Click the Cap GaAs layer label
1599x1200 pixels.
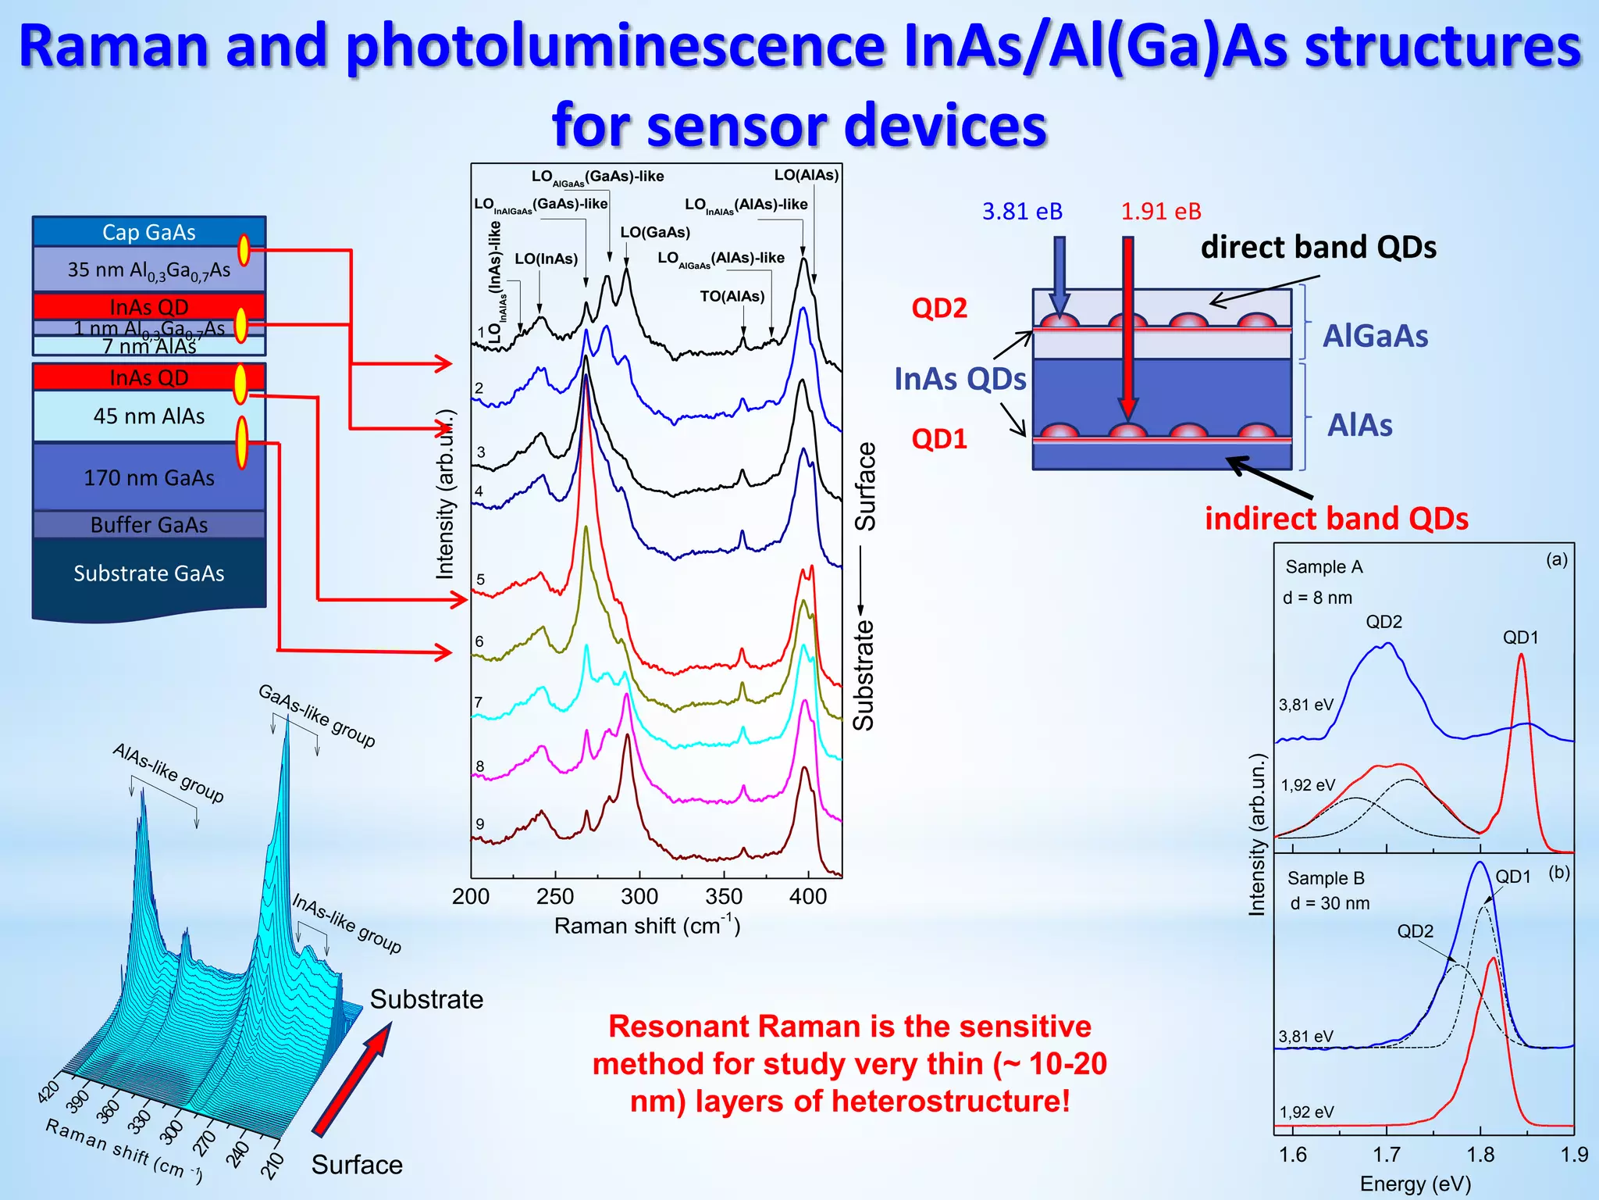click(148, 232)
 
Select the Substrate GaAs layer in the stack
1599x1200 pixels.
click(148, 573)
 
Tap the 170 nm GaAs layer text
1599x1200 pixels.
click(148, 477)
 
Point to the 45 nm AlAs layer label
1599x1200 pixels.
click(148, 416)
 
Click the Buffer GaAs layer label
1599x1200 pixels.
click(148, 525)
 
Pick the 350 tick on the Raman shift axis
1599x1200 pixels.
click(724, 896)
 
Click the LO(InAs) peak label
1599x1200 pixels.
click(546, 259)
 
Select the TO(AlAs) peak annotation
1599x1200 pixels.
click(732, 296)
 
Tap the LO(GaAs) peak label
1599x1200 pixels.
click(655, 232)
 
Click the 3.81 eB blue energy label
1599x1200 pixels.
click(1022, 211)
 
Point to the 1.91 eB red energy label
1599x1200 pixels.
click(1161, 211)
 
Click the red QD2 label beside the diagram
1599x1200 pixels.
click(939, 308)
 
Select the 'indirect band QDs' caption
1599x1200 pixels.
click(1336, 518)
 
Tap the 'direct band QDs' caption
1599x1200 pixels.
click(1318, 247)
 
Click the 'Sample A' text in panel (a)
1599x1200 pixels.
click(1323, 567)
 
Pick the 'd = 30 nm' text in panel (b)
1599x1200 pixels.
click(1330, 903)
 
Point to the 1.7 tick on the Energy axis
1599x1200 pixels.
click(1387, 1155)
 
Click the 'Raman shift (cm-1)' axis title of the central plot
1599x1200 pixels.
click(646, 926)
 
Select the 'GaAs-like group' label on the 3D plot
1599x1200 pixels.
click(317, 716)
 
